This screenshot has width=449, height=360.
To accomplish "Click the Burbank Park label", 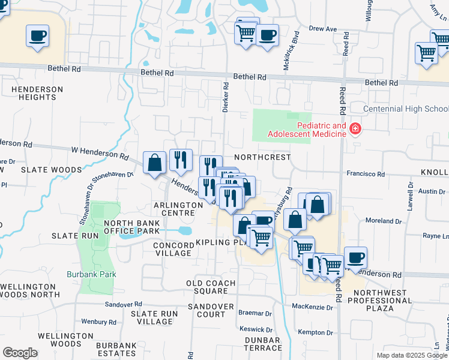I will point(91,274).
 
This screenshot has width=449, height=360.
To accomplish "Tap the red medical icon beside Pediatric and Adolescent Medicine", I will point(355,130).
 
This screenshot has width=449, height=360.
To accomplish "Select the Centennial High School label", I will point(406,109).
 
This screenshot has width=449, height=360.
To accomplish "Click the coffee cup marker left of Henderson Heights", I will point(37,35).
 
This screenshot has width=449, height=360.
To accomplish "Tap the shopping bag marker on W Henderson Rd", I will point(155,163).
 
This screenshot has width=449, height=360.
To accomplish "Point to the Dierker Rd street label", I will point(226,98).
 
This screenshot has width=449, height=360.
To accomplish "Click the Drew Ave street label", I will point(323,28).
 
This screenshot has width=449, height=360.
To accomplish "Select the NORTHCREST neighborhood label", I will point(262,157).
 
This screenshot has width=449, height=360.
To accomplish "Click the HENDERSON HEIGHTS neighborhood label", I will point(37,93).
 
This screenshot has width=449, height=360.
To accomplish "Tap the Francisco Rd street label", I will point(366,174).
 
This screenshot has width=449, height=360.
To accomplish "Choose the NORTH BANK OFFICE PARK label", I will point(131,227).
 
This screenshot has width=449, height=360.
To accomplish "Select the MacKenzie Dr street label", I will point(312,307).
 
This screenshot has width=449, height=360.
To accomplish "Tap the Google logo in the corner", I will point(20,353).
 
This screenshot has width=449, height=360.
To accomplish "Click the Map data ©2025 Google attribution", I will point(411,355).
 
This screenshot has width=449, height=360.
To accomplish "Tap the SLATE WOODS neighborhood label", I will point(51,170).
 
